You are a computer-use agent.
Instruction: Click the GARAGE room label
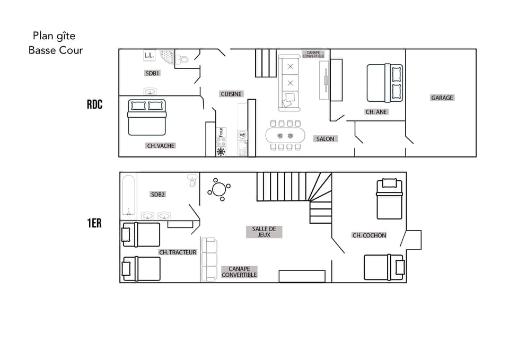(442, 98)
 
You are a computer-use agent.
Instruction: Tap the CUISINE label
(231, 94)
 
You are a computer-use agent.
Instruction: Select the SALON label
(325, 139)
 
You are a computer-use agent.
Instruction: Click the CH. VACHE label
(160, 145)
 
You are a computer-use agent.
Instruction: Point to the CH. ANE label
(376, 112)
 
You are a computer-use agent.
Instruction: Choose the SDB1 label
(152, 73)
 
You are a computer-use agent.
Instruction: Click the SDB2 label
(158, 194)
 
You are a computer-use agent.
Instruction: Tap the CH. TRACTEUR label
(178, 252)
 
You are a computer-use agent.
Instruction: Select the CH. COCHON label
(369, 235)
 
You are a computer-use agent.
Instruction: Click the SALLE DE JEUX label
(264, 232)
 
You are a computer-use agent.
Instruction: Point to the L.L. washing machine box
(149, 55)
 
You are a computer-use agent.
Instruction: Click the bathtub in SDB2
(128, 196)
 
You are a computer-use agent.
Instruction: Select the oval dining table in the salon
(285, 135)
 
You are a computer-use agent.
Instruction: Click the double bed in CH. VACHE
(147, 117)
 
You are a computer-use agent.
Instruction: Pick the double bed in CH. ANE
(384, 83)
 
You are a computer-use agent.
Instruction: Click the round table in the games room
(218, 189)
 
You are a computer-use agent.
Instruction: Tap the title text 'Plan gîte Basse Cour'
(55, 43)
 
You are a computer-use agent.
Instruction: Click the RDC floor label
(94, 104)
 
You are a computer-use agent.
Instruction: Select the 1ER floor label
(94, 223)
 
